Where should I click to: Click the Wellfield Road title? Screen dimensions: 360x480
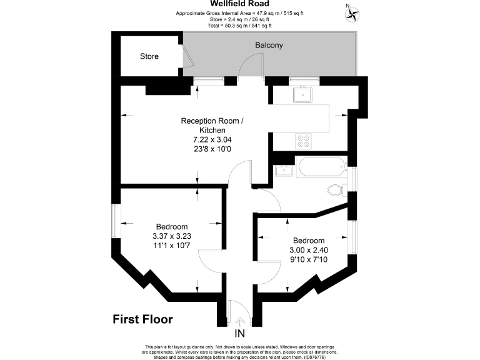241,4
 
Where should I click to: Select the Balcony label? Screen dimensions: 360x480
269,46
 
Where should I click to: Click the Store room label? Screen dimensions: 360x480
149,57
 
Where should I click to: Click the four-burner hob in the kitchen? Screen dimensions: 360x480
305,141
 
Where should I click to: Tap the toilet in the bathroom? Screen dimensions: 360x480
335,190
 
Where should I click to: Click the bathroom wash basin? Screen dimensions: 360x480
285,169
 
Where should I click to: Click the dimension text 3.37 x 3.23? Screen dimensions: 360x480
171,236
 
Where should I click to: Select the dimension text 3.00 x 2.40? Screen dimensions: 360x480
309,250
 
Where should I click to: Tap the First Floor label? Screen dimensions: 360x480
142,319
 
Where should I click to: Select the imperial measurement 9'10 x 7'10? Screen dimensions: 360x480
309,259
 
